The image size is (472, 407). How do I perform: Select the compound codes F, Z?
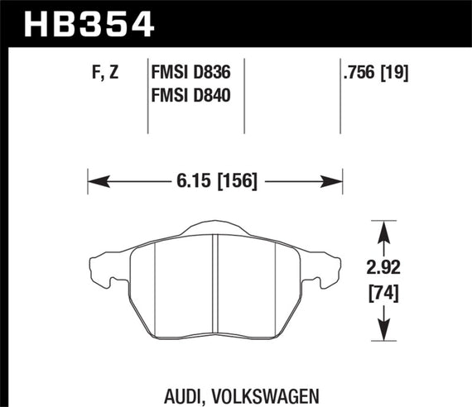point(104,72)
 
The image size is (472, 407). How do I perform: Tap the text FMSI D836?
point(190,72)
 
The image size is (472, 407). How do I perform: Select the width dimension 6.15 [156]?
point(215,180)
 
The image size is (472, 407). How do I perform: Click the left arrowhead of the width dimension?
point(94,180)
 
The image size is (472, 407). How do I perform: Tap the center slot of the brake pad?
point(214,281)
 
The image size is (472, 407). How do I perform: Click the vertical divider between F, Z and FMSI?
point(147,95)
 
